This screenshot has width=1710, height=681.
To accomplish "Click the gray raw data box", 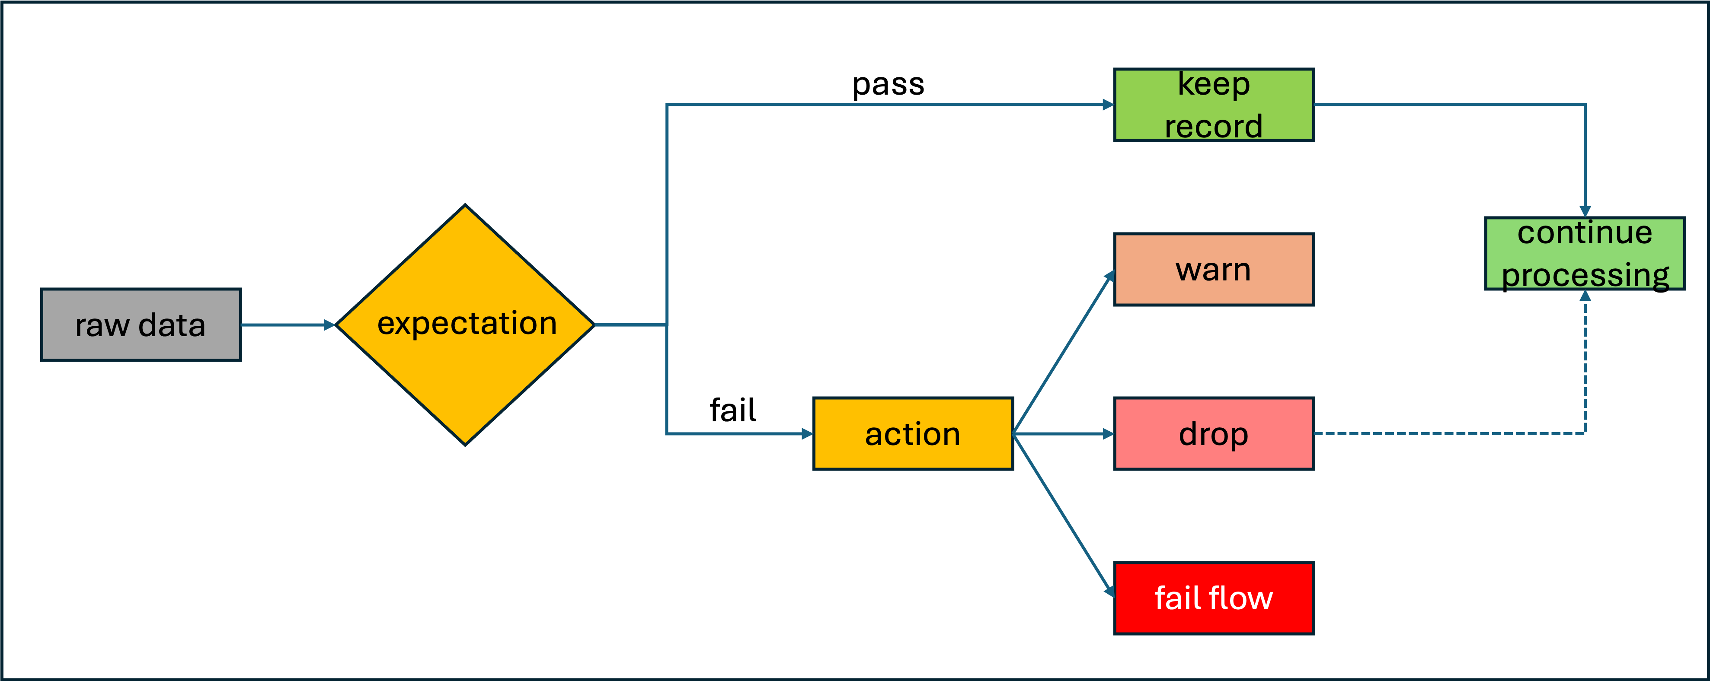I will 141,325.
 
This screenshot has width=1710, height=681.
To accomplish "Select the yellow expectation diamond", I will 465,325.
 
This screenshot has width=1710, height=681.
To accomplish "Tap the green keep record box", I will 1214,105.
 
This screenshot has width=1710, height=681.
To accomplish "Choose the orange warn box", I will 1214,270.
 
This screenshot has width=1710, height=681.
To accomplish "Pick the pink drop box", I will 1214,434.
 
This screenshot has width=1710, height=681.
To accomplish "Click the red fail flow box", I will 1214,598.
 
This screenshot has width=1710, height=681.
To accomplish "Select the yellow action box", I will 913,434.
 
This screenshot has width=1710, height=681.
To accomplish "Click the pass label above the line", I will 888,84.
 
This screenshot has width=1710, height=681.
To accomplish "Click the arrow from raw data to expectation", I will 285,325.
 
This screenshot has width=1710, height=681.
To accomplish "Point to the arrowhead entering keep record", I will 1108,105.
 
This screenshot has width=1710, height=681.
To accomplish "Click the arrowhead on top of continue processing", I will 1585,211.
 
